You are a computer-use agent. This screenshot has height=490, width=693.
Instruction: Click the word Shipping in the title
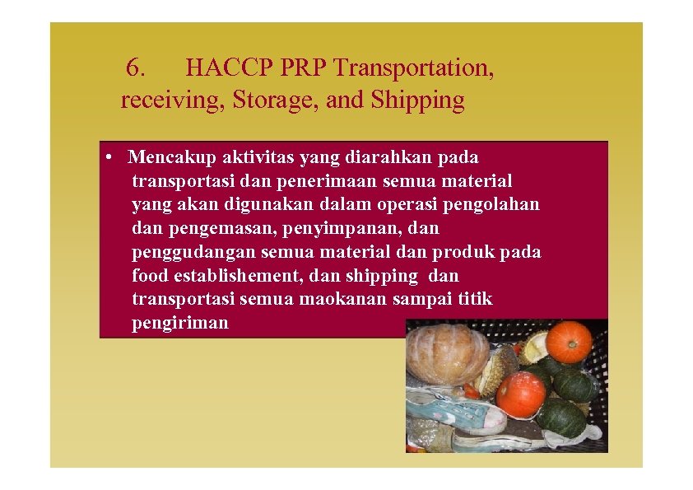(x=418, y=100)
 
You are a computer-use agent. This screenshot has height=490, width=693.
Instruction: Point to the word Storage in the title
(x=275, y=100)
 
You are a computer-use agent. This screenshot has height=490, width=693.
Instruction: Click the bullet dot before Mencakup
(x=109, y=156)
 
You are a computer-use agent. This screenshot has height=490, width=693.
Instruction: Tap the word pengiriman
(x=180, y=323)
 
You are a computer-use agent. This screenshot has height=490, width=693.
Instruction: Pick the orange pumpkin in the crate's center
(x=520, y=394)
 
